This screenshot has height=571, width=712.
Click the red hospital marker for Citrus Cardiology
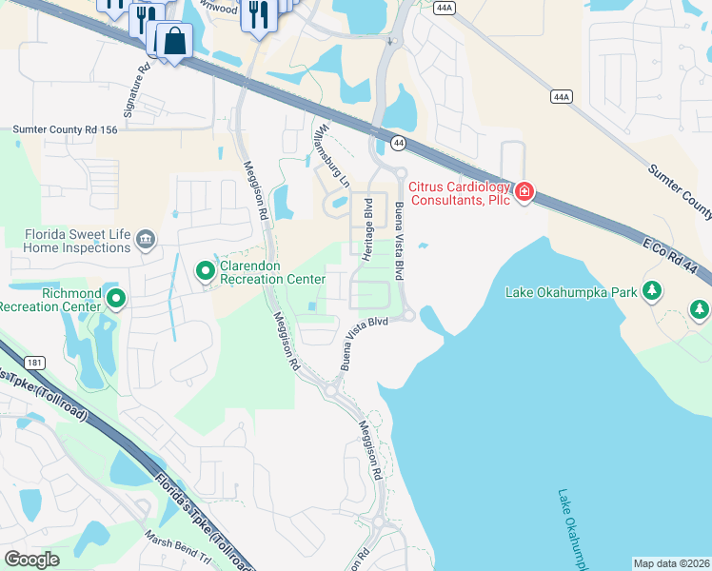pyautogui.click(x=524, y=194)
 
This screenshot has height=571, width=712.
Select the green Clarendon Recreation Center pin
pyautogui.click(x=205, y=272)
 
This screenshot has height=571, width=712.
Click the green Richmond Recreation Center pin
pyautogui.click(x=116, y=300)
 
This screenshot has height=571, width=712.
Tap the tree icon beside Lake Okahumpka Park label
pyautogui.click(x=652, y=291)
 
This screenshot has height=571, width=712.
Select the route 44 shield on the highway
pyautogui.click(x=397, y=143)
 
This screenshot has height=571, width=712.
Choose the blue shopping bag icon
pyautogui.click(x=175, y=41)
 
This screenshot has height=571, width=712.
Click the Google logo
pyautogui.click(x=31, y=560)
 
